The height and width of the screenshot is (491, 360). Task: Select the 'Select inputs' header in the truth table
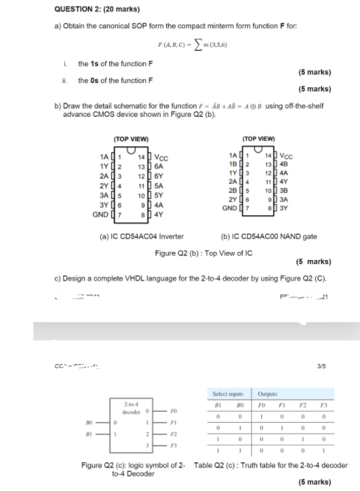(227, 394)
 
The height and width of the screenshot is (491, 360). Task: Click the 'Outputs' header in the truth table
(268, 394)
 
